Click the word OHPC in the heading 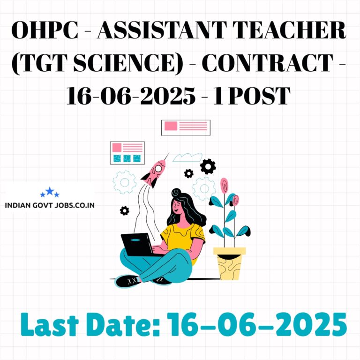pos(45,30)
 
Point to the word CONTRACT pos(268,63)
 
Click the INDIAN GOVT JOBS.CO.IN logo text pos(50,205)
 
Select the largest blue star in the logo pos(50,191)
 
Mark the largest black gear pos(208,166)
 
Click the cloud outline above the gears pos(187,157)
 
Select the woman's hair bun pos(176,193)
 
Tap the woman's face pos(177,207)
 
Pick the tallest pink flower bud pos(224,185)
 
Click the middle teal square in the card pos(127,158)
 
